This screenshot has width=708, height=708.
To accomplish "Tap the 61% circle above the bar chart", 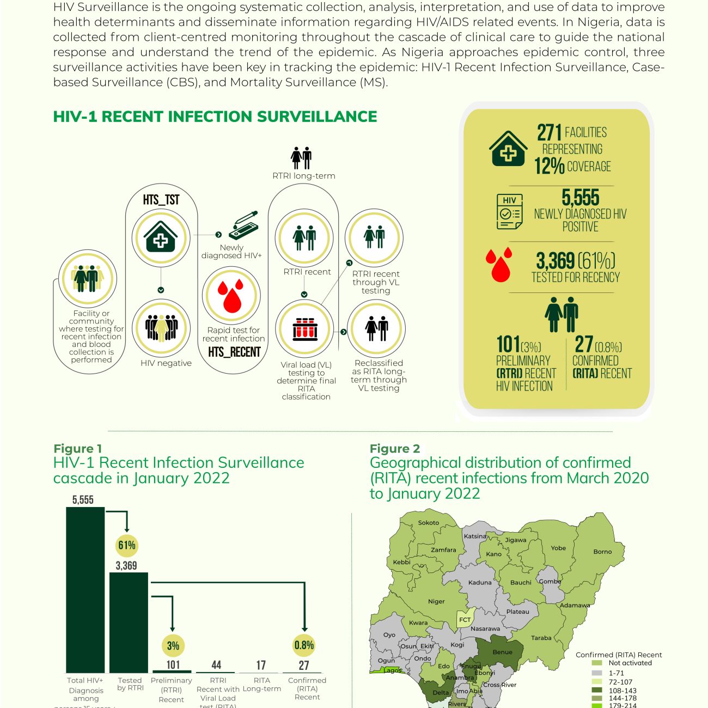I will (x=127, y=545).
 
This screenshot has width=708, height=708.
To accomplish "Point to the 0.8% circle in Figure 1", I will (x=304, y=645).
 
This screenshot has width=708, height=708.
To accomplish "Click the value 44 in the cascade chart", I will (x=216, y=665).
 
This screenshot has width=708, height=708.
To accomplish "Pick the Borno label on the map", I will (x=602, y=552).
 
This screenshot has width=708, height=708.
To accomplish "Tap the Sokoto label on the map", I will (x=428, y=523).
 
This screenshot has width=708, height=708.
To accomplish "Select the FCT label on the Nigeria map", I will (x=465, y=620).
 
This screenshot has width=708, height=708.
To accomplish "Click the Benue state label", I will (x=502, y=652).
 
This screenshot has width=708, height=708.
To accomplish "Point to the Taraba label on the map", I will (x=541, y=638).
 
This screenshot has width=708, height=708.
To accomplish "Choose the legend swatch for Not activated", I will (x=597, y=663).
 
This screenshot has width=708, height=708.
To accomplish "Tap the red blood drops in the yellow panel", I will (x=499, y=264).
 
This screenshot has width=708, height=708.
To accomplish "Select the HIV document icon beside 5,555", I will (x=509, y=211).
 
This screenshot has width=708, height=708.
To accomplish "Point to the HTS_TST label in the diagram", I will (x=161, y=200).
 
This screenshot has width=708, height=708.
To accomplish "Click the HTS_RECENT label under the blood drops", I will (x=234, y=352).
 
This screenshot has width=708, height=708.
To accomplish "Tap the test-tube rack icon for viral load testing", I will (x=304, y=329).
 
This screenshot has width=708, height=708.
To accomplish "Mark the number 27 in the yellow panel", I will (x=584, y=344).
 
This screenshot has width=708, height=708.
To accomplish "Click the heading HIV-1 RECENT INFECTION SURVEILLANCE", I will (x=215, y=117).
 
